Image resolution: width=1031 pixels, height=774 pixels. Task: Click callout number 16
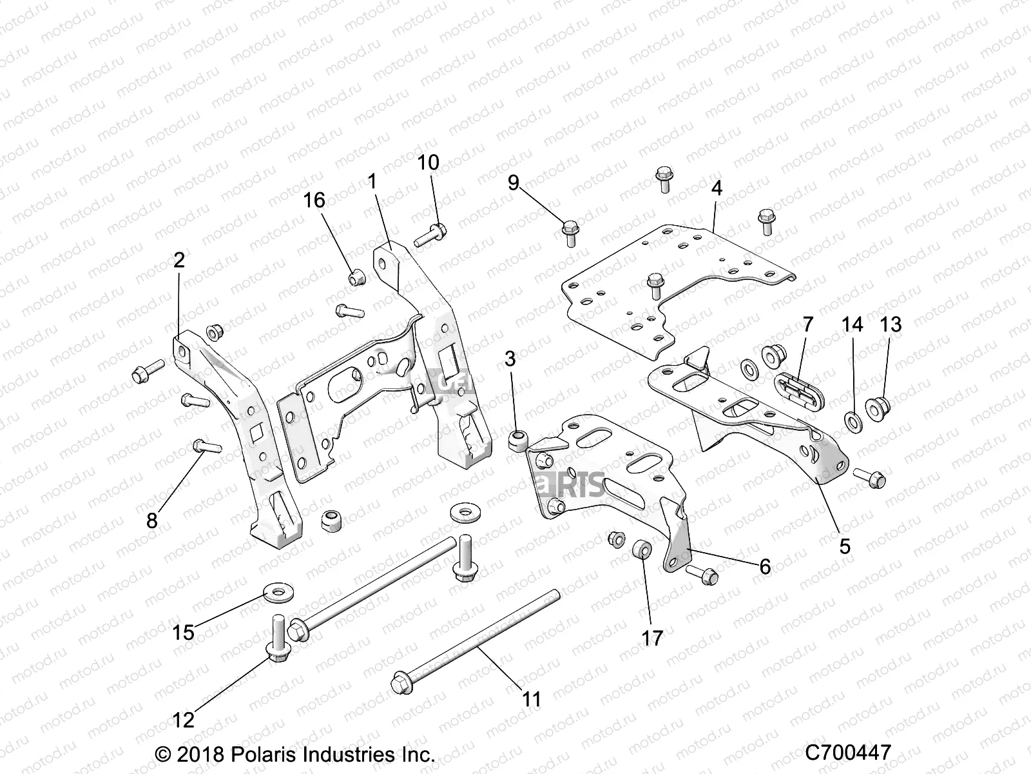coord(314,201)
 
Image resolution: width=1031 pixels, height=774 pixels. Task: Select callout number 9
coord(513,183)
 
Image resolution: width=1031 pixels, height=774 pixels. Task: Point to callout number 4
coord(717,188)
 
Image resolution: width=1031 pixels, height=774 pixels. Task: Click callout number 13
coord(891,324)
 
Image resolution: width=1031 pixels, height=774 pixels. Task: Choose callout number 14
coord(853,324)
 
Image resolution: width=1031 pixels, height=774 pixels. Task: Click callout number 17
coord(652,638)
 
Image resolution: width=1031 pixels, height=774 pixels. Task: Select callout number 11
coord(532,699)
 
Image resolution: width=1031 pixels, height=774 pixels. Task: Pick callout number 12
coord(184,720)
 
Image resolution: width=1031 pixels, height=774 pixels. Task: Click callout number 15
coord(184,633)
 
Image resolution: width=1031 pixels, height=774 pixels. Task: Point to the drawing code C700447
coord(847,753)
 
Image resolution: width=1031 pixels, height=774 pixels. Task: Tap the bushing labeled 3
coord(517,442)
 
